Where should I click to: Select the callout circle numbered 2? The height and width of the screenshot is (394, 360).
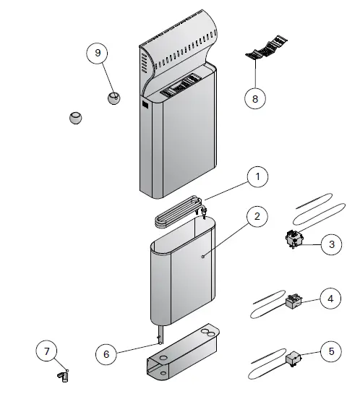pyautogui.click(x=257, y=216)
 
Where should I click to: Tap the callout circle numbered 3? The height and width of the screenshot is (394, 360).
pyautogui.click(x=330, y=244)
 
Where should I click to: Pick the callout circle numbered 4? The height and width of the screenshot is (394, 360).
pyautogui.click(x=330, y=298)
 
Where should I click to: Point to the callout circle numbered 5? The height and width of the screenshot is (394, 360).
pyautogui.click(x=330, y=352)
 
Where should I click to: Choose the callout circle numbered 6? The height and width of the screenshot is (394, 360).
pyautogui.click(x=107, y=354)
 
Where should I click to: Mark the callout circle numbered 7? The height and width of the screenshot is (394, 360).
pyautogui.click(x=47, y=352)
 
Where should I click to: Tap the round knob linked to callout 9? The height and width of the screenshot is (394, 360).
pyautogui.click(x=113, y=97)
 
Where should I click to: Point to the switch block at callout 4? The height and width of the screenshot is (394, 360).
pyautogui.click(x=293, y=301)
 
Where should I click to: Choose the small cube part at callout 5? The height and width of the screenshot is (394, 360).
pyautogui.click(x=294, y=357)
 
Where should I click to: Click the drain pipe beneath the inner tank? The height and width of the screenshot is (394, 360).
pyautogui.click(x=160, y=337)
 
